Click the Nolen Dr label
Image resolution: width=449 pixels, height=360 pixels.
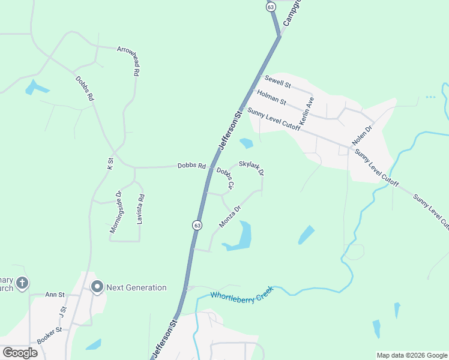point(363,136)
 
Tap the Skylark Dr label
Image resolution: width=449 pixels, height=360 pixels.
point(252,167)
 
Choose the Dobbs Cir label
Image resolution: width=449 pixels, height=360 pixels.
point(225,179)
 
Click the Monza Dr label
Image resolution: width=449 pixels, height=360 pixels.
point(230,217)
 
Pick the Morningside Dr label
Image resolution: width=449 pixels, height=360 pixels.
point(115,212)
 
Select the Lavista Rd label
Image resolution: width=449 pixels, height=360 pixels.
point(140,210)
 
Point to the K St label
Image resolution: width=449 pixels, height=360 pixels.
point(110,163)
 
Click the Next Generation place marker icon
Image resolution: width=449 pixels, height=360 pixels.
point(97,287)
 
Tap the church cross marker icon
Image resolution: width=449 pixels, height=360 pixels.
point(22,283)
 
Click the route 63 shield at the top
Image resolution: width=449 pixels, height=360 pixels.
point(271,6)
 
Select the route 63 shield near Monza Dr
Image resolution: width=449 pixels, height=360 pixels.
point(197,225)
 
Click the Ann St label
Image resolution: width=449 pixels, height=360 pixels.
point(54,295)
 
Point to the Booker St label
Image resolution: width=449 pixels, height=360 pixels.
point(49,335)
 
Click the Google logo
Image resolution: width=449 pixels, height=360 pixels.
point(20,352)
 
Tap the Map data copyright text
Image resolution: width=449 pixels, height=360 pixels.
point(411,355)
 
